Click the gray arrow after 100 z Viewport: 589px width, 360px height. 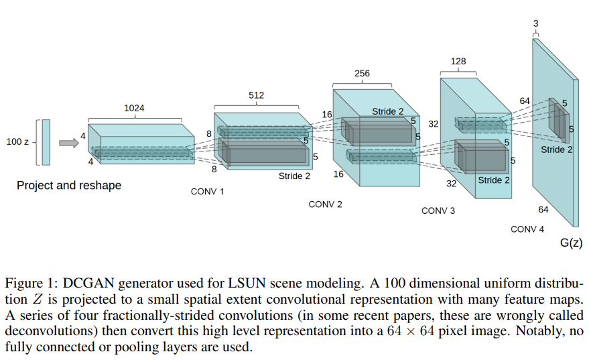68,142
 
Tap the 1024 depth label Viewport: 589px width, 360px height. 134,107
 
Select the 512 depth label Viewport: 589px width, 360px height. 256,95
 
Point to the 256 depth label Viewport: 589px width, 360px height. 362,73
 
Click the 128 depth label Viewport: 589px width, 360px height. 459,61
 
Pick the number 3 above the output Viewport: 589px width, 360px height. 535,23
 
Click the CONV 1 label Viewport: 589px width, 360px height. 208,191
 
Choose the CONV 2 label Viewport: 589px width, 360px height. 325,204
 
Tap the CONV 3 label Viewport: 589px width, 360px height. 438,211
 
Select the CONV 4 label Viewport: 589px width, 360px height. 527,229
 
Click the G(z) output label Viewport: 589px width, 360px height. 570,243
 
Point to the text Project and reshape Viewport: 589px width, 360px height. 69,185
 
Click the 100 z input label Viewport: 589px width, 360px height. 17,142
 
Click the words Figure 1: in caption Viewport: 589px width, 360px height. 28,283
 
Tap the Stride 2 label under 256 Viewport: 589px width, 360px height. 388,111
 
